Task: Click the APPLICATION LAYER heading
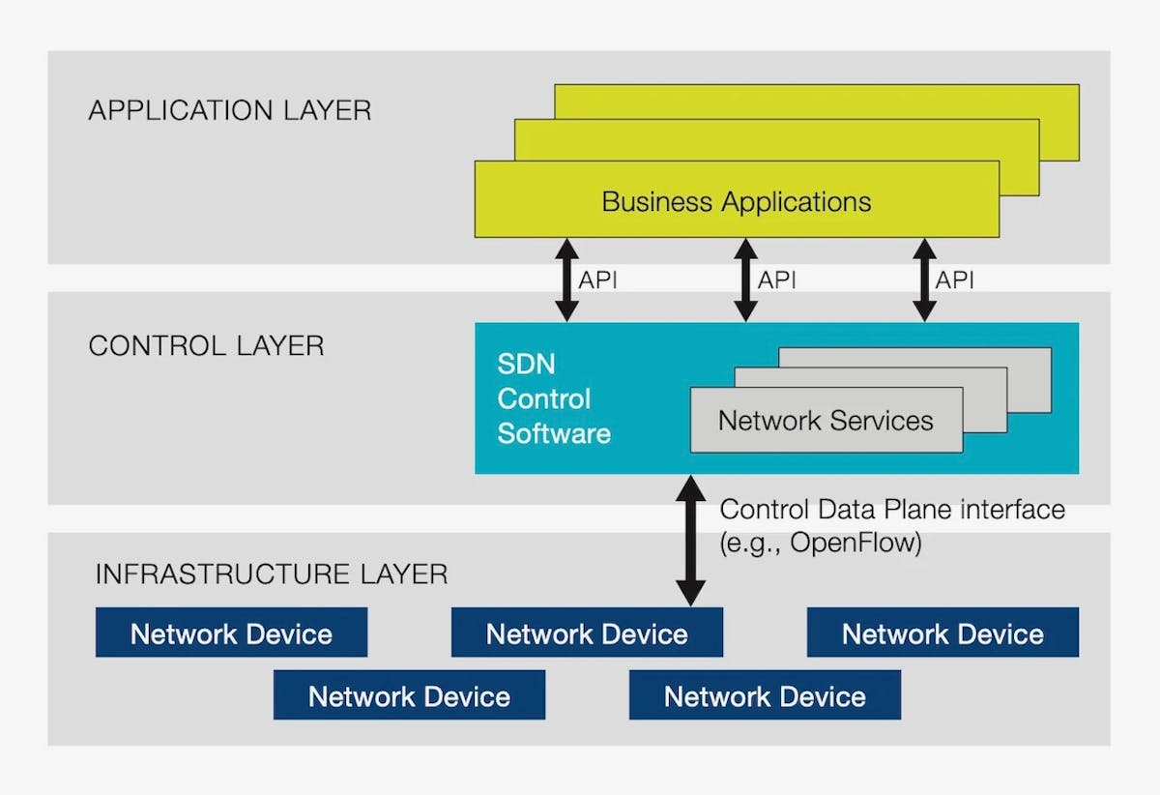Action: pos(229,110)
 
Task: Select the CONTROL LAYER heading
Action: pos(206,346)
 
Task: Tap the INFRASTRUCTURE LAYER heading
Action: pos(271,574)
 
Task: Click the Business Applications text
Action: pos(736,202)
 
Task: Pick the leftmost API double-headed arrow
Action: pos(567,280)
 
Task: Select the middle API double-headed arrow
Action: pos(745,280)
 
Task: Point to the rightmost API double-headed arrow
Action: pos(924,280)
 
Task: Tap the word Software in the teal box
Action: pos(554,432)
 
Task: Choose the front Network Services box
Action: pos(826,421)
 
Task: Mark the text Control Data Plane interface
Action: pos(892,510)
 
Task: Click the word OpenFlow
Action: pos(855,544)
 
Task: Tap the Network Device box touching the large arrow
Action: pos(587,633)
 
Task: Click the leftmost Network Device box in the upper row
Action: pos(231,633)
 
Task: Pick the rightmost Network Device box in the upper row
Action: pos(942,633)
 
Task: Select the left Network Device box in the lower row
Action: pos(409,696)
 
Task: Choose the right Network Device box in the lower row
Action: pos(765,696)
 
